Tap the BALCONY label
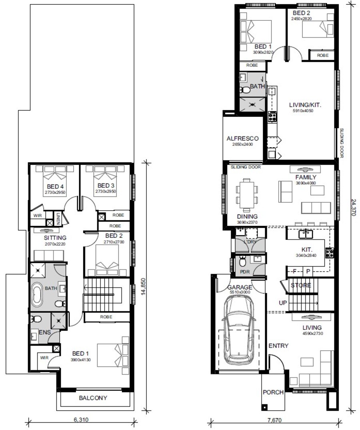(93, 398)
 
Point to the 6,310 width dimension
(81, 420)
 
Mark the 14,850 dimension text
(144, 287)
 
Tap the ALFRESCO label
(242, 139)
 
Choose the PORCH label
(273, 392)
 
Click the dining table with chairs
(247, 193)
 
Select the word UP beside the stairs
(283, 303)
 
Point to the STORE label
(301, 285)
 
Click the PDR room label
(245, 272)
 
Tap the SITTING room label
(55, 238)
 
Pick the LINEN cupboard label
(58, 219)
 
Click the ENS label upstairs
(45, 332)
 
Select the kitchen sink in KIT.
(306, 234)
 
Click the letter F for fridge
(294, 271)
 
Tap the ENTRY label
(278, 346)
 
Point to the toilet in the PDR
(242, 261)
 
